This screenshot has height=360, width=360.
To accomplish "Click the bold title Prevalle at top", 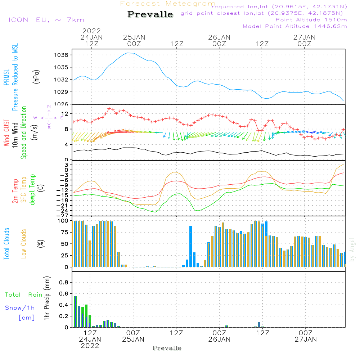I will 150,15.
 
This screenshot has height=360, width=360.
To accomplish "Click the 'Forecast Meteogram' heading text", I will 168,4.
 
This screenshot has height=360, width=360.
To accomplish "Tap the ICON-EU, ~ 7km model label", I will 46,20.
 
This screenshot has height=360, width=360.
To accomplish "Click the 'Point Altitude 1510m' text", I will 311,20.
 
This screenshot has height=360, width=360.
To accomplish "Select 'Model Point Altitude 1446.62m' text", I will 295,26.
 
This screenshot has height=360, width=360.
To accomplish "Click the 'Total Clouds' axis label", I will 7,244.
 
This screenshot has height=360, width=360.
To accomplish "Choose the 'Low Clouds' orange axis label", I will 24,244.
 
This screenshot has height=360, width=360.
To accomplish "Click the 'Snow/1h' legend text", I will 20,308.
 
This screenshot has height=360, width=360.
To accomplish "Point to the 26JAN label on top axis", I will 219,37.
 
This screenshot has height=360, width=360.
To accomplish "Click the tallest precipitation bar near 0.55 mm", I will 75,311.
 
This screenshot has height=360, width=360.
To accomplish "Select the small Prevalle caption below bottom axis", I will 167,348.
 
